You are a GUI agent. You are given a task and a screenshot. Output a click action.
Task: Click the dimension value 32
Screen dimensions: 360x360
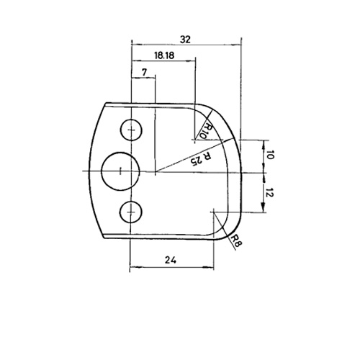point(185,40)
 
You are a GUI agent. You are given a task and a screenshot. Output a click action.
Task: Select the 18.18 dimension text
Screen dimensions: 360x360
point(164,55)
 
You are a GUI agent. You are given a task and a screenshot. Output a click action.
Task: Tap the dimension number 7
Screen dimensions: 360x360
point(144,72)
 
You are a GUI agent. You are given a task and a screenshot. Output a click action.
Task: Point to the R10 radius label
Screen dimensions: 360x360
point(207,131)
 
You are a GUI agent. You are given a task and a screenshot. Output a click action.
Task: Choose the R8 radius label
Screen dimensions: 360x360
point(236,240)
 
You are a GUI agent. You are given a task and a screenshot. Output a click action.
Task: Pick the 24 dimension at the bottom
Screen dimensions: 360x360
point(171,260)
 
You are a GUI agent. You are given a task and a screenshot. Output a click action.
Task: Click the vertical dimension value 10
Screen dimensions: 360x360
point(270,155)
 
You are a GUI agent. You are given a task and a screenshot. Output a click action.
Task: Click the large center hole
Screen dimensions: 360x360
point(120,171)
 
